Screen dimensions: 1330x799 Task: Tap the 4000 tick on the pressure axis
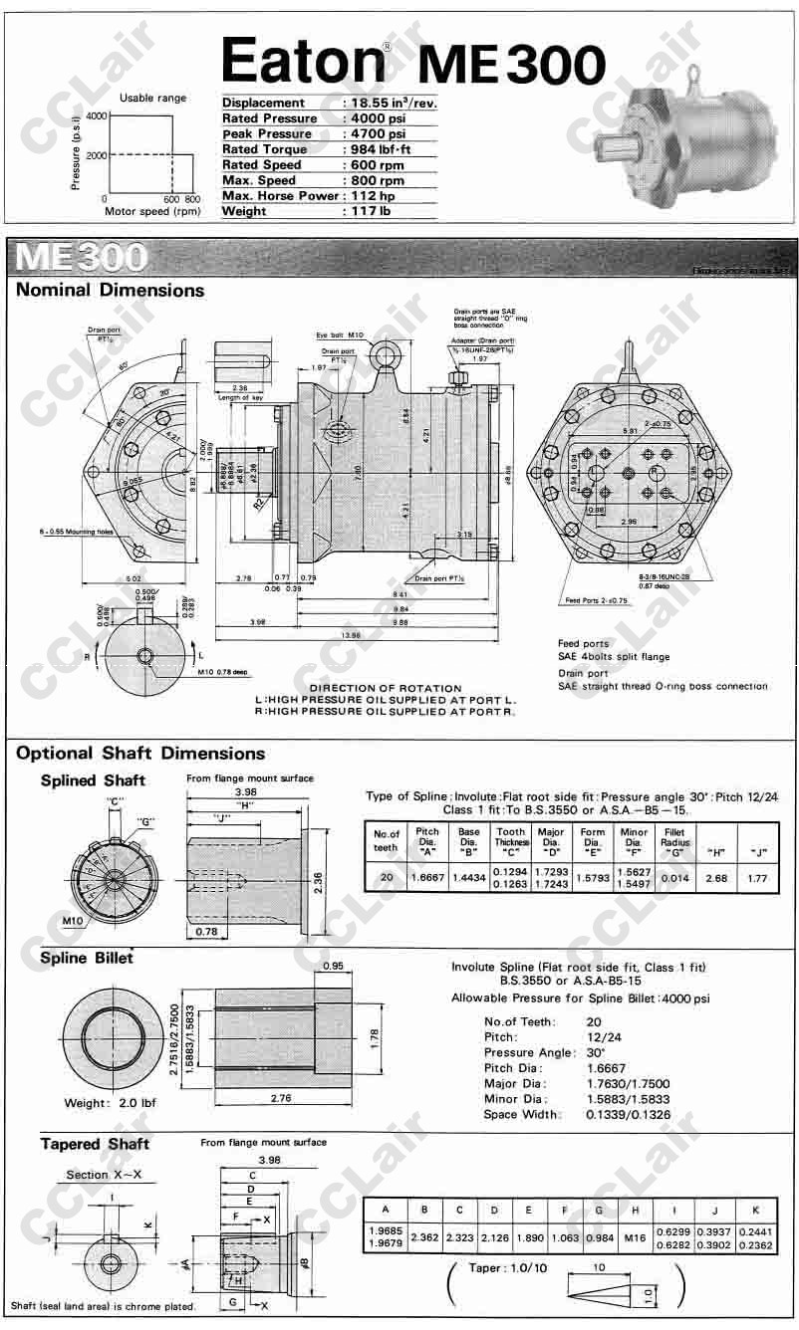pos(96,116)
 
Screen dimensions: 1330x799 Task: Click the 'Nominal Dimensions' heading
pos(110,291)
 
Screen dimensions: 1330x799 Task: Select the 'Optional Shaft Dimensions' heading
pos(140,754)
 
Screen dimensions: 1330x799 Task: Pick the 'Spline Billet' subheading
pos(87,958)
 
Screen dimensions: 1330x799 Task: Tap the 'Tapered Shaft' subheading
pos(95,1144)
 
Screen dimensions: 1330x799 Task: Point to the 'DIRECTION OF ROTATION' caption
pos(386,688)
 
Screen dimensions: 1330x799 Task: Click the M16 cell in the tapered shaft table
pos(634,1237)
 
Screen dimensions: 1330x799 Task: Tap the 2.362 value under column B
pos(424,1237)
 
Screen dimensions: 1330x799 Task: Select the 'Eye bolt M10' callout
pos(340,335)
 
